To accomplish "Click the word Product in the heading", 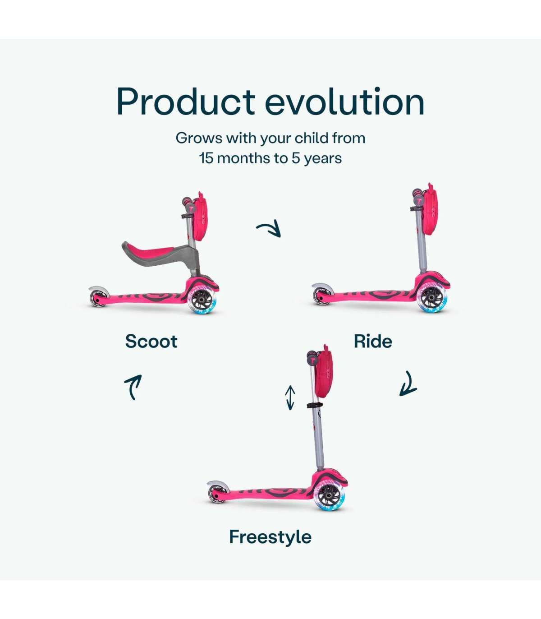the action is [x=186, y=102].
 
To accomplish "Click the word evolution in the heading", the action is [x=344, y=102].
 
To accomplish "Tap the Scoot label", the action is [x=151, y=342].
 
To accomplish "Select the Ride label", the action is [x=373, y=342].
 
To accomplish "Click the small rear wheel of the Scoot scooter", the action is [x=97, y=299].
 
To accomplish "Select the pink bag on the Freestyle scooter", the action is [x=324, y=370].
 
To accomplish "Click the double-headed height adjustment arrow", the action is [x=290, y=397].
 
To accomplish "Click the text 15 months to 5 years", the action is [x=270, y=158].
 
